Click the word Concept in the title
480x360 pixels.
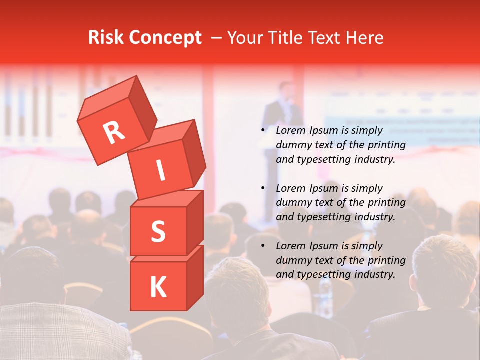(x=166, y=38)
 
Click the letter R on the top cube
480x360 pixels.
(x=113, y=132)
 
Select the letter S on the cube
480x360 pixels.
(x=158, y=231)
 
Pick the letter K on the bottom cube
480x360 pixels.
(x=158, y=287)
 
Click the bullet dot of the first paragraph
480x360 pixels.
(x=263, y=131)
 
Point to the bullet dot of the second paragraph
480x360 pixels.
(x=263, y=189)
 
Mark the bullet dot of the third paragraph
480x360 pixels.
(x=263, y=246)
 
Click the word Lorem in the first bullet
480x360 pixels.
(x=290, y=131)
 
